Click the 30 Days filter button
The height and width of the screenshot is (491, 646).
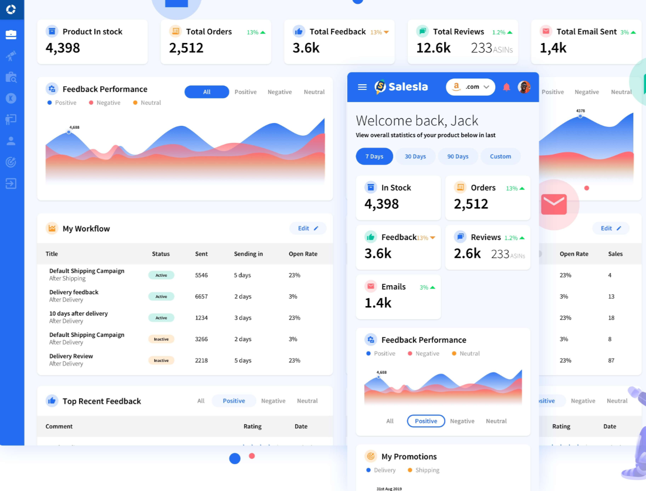tap(415, 157)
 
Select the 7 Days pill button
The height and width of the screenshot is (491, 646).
tap(374, 157)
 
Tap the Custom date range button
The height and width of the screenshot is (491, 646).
tap(500, 157)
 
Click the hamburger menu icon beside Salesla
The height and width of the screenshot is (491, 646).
tap(362, 87)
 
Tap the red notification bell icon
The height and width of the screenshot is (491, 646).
tap(506, 87)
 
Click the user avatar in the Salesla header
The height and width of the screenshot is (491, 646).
tap(524, 87)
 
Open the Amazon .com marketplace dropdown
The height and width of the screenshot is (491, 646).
tap(471, 87)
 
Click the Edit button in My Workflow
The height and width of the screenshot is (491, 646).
tap(308, 228)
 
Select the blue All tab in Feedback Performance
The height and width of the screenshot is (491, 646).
tap(207, 92)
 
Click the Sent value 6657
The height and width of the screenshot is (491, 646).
tap(201, 297)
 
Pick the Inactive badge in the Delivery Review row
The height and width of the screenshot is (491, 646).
tap(161, 360)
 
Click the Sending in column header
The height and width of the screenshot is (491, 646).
tap(248, 254)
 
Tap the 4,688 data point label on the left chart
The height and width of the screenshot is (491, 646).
tap(74, 127)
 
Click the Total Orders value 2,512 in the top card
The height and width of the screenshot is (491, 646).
tap(186, 48)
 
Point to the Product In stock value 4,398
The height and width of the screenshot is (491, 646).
tap(63, 48)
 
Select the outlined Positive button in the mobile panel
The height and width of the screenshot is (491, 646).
tap(426, 421)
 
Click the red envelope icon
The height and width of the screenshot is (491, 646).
tap(554, 204)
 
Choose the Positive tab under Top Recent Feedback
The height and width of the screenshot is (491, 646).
tap(234, 401)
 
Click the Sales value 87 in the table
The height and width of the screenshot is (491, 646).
tap(611, 360)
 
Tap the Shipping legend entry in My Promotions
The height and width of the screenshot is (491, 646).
tap(427, 470)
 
